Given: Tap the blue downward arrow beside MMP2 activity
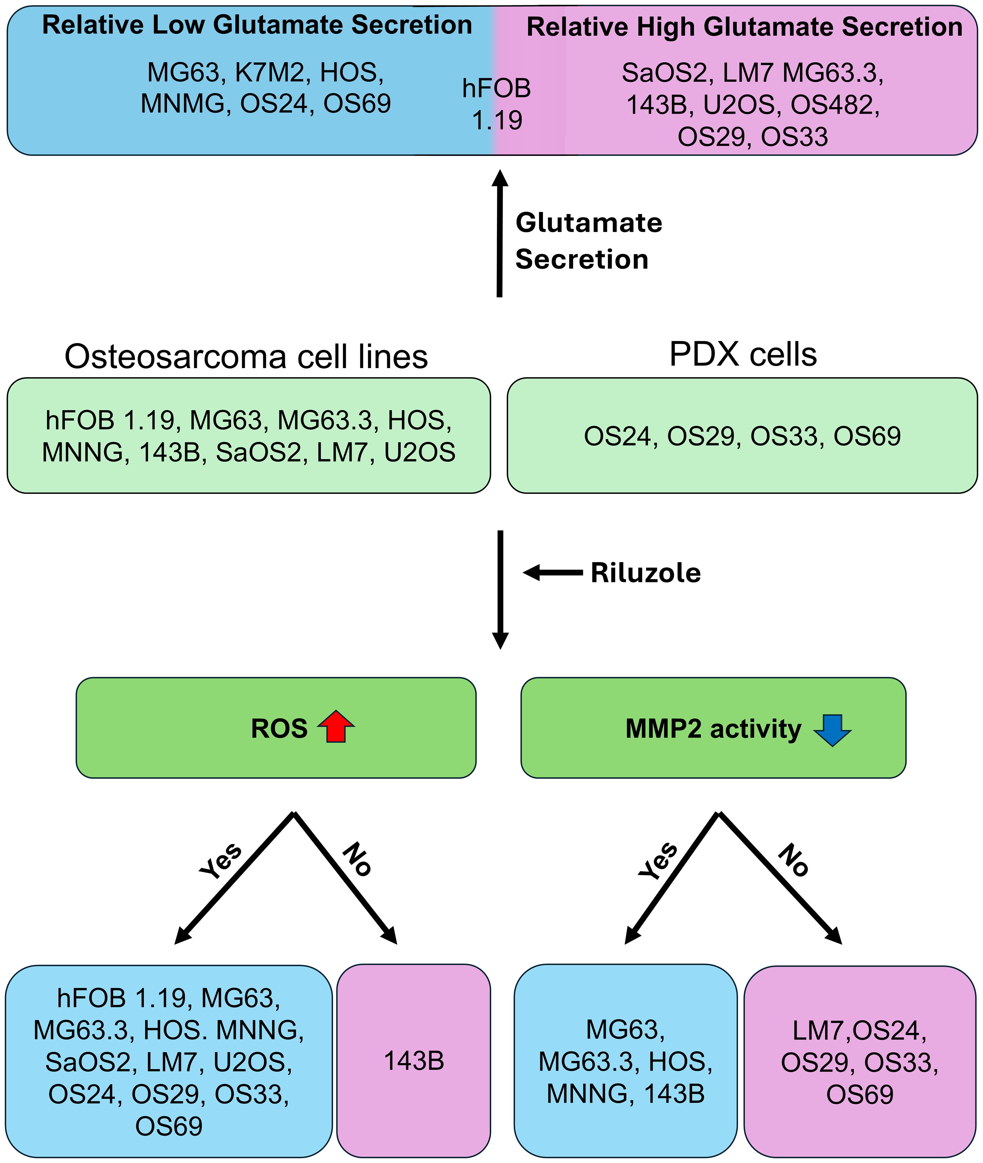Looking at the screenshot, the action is (x=832, y=729).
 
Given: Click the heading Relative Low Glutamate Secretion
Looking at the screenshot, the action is (x=257, y=25).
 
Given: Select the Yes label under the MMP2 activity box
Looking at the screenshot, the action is (x=658, y=861).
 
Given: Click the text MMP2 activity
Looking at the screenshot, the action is (x=713, y=729).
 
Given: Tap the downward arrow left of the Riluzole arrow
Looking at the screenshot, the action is (x=500, y=590).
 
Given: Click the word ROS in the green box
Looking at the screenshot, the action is (x=279, y=729).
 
